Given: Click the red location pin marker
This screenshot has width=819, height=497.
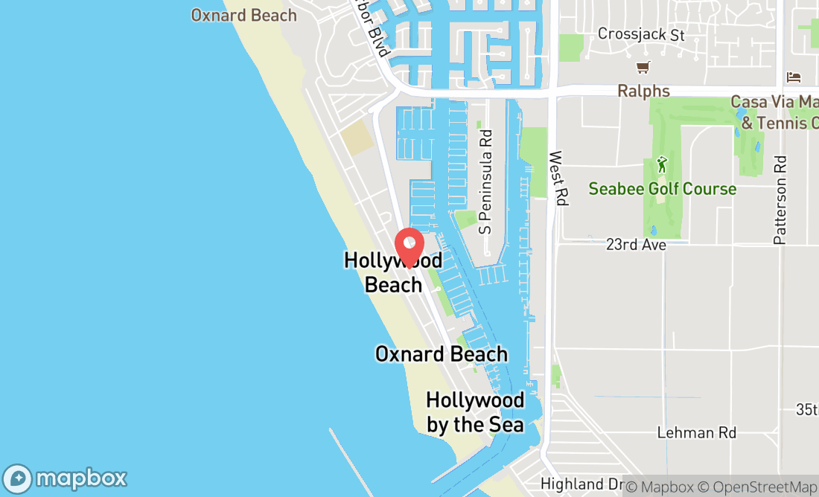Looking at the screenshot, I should pos(409,247).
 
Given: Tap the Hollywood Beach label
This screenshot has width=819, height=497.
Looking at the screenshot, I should pos(393,272).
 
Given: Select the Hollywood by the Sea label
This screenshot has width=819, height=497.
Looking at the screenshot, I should pos(475,412).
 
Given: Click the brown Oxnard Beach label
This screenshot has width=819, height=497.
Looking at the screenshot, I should pos(243,15).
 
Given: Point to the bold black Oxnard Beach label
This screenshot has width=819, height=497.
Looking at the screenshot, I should pos(442,354).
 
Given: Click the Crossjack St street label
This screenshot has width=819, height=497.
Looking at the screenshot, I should pos(641,35).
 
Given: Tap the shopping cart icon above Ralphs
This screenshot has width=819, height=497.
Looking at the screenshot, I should pos(643,68).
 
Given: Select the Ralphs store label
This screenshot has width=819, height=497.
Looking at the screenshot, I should pos(643,92).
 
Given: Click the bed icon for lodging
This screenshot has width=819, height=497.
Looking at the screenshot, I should pos(794,77).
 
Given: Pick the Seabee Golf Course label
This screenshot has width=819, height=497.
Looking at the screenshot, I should pos(662,189).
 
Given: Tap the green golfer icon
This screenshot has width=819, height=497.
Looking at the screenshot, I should pos(661,164).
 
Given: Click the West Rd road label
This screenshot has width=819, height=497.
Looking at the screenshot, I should pos(556,179).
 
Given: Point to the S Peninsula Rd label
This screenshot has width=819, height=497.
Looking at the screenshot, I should pos(486,182).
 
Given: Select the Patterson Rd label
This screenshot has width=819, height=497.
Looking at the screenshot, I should pos(780,199).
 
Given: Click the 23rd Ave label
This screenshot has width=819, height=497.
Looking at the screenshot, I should pos(635,245).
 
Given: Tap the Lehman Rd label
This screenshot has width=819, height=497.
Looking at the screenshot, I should pos(696,432).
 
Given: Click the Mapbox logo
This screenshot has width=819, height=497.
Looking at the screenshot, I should pos(66,477).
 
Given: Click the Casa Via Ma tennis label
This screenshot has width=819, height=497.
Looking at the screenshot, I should pos(774,112).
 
